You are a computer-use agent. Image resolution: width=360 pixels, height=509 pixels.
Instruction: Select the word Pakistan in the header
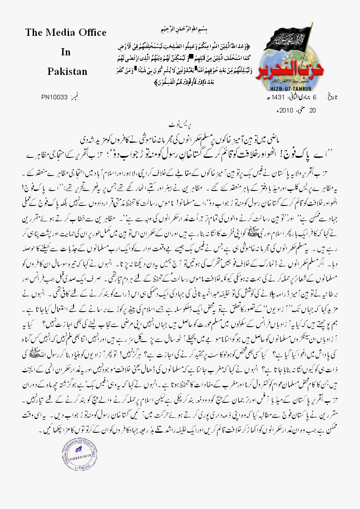[x=66, y=72]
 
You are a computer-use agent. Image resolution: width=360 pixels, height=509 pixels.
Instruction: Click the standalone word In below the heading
[x=66, y=52]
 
